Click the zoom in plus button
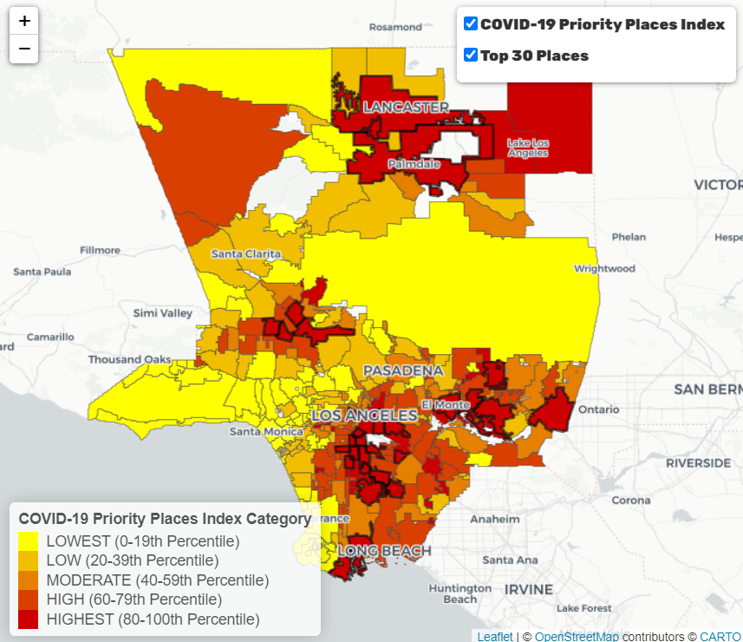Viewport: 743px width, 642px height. [x=24, y=21]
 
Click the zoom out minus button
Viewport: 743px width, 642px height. [x=24, y=49]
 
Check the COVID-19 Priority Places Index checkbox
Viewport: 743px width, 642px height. [x=471, y=24]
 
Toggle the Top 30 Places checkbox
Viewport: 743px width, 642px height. [x=471, y=56]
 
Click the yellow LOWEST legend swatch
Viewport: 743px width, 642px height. [x=29, y=541]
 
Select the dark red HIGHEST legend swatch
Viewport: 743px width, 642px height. [x=29, y=619]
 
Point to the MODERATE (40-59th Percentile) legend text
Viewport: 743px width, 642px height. [x=157, y=580]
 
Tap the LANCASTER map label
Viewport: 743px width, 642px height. [x=406, y=108]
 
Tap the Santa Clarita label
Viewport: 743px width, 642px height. [x=246, y=253]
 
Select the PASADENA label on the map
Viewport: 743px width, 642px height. [x=403, y=370]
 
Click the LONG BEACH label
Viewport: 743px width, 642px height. [x=384, y=551]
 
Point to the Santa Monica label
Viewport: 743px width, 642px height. [x=266, y=431]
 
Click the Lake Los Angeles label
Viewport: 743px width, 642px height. [x=528, y=147]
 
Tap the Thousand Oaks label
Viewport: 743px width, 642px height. [x=130, y=359]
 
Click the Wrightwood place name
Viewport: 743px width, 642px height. [x=604, y=269]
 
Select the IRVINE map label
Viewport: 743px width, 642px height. [x=530, y=589]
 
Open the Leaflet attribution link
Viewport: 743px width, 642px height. [x=494, y=636]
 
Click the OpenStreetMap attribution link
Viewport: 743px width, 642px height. [x=577, y=636]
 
